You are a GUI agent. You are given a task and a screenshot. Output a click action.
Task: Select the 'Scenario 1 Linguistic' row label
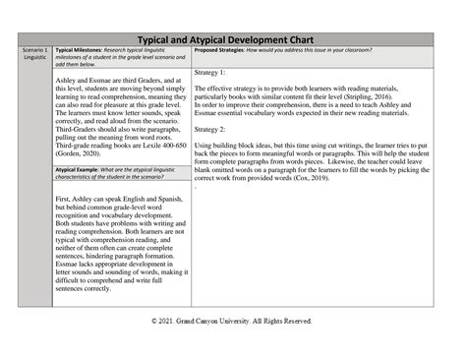pos(33,53)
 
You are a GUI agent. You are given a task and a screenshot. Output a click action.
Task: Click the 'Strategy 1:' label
pos(210,73)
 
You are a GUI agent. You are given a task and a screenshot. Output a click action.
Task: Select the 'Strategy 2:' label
pos(210,130)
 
